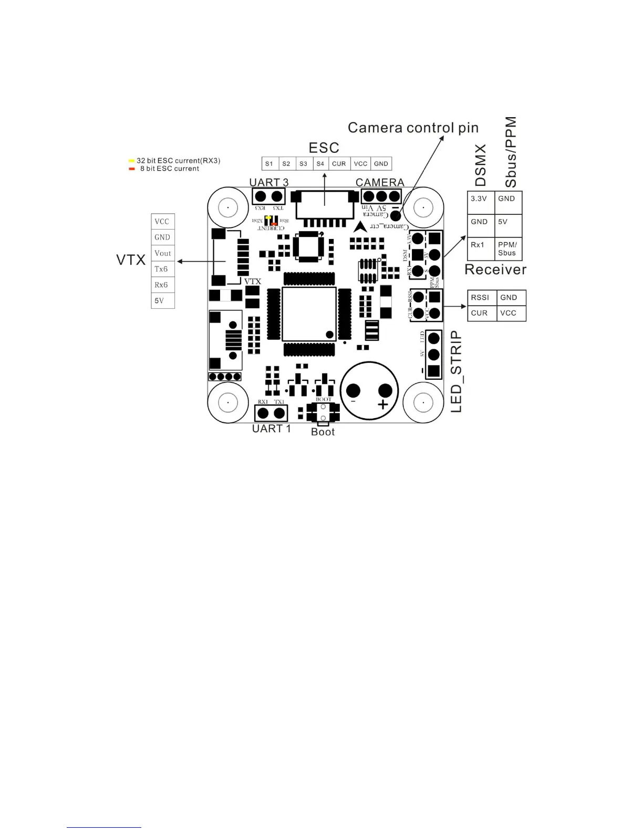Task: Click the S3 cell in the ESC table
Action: pos(304,164)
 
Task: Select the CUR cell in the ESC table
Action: pos(339,164)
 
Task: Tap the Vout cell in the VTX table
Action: pos(163,253)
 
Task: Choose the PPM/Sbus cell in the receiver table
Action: pos(508,248)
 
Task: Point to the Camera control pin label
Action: pos(413,128)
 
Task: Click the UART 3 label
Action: pos(268,182)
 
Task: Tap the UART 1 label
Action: pos(271,429)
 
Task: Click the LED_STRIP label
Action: pos(457,371)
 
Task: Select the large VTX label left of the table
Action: pos(131,260)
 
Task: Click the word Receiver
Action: pos(495,270)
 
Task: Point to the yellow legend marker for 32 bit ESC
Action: pos(131,161)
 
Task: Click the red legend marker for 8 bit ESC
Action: pos(131,169)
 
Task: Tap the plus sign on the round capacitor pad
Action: pos(383,404)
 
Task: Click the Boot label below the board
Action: pos(323,432)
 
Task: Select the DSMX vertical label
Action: pos(480,165)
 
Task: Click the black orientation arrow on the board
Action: pos(360,227)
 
